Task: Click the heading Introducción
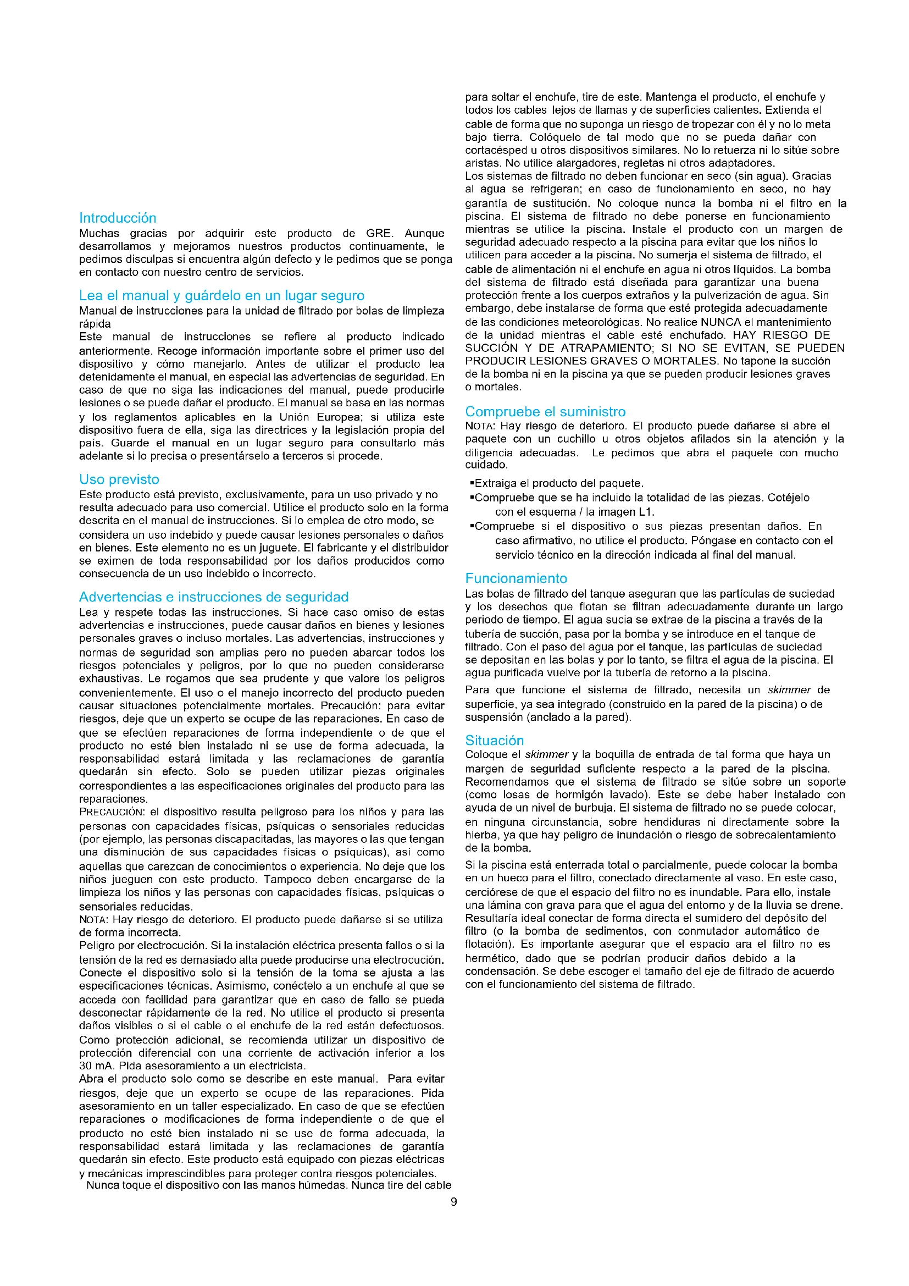[118, 218]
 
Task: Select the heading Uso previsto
[119, 479]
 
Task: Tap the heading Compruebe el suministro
[545, 412]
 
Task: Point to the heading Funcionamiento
[516, 578]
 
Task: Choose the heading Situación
[494, 741]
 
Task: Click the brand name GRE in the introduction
[378, 234]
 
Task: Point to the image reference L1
[646, 512]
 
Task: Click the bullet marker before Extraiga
[472, 483]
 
